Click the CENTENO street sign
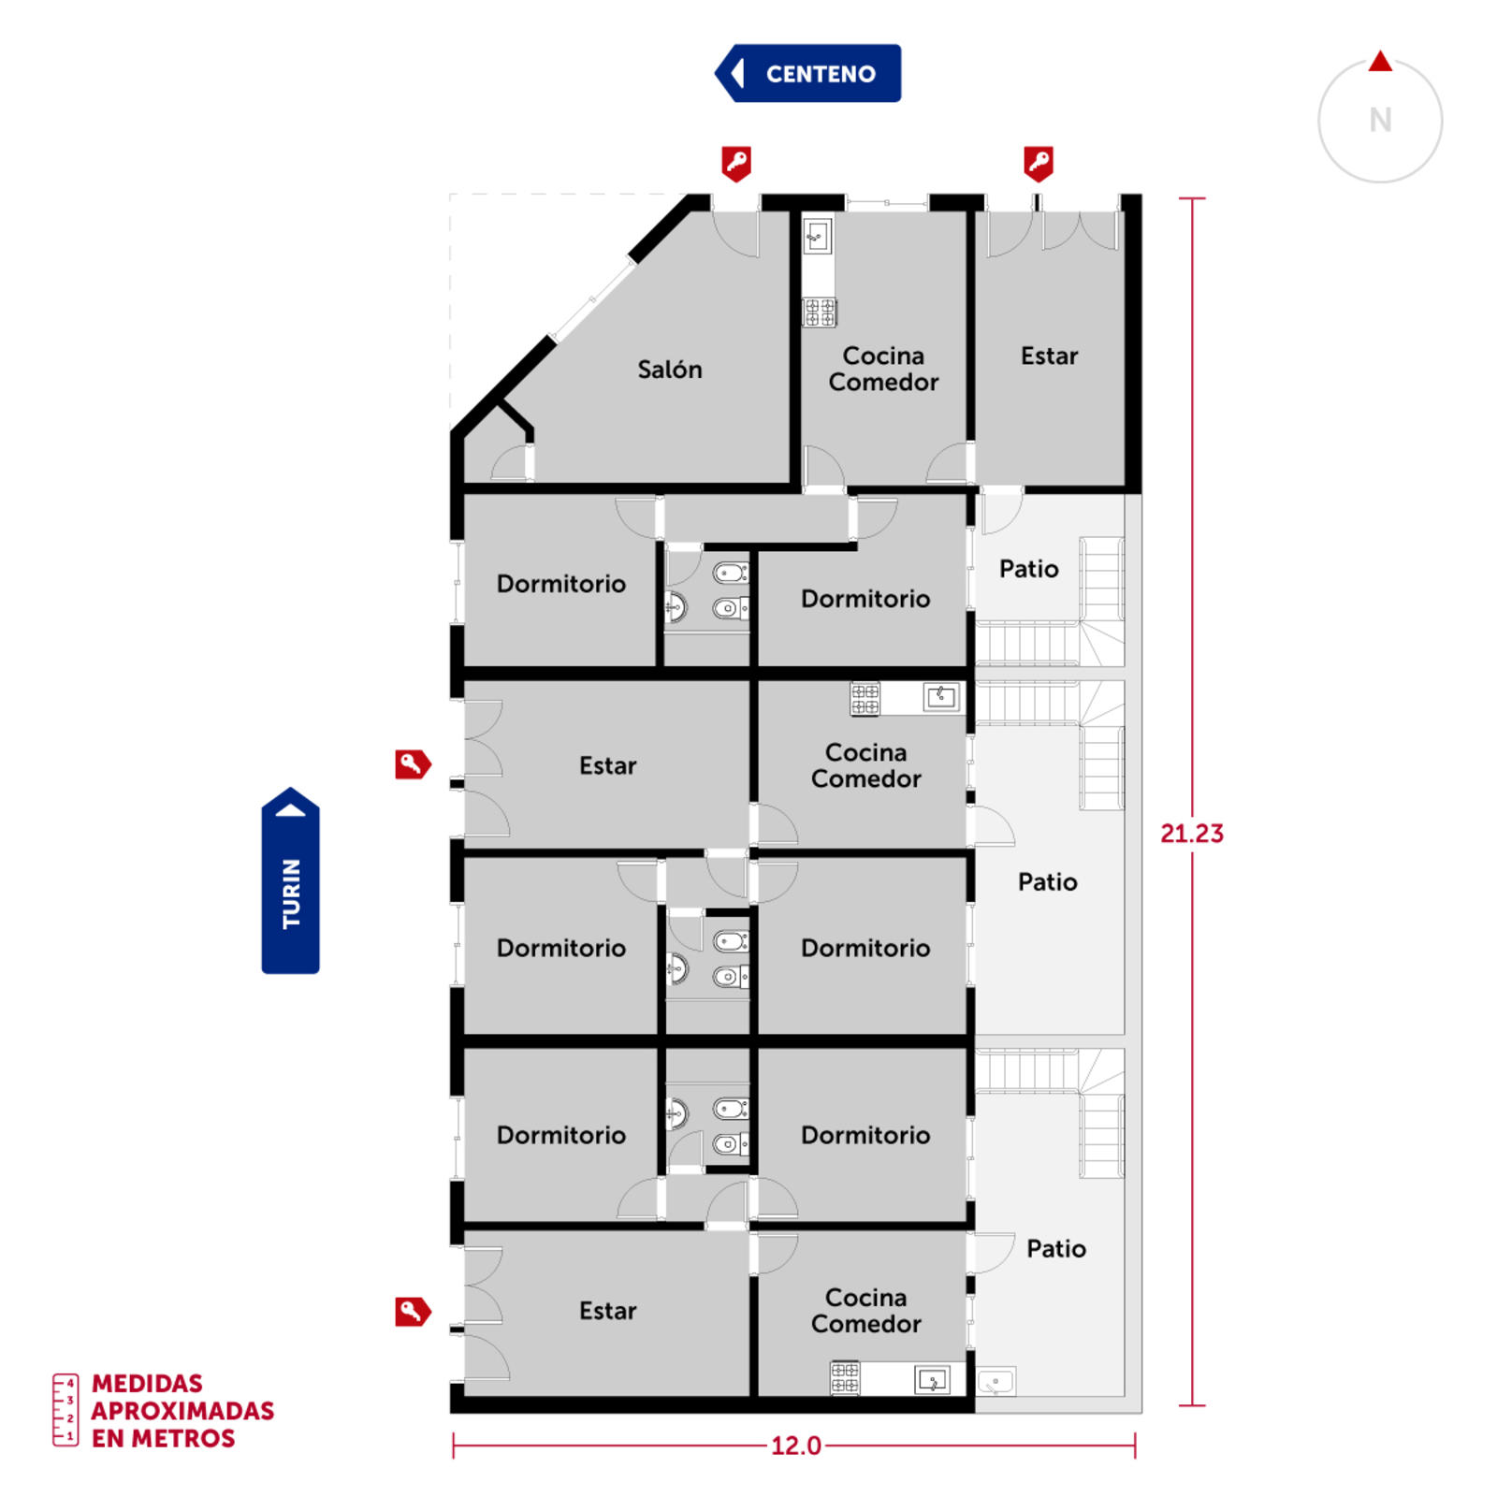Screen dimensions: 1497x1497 tap(808, 73)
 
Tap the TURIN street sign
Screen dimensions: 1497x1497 tap(291, 881)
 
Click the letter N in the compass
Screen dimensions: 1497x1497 tap(1380, 120)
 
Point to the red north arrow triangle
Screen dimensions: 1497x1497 tap(1380, 62)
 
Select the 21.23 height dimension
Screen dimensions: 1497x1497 tap(1192, 833)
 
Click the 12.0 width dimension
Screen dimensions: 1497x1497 tap(796, 1446)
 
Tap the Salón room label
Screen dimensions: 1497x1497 tap(670, 370)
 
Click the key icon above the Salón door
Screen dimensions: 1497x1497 tap(736, 164)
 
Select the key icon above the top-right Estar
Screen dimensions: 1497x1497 tap(1039, 164)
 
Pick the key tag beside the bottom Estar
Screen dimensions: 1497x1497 tap(413, 1312)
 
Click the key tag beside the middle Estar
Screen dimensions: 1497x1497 tap(413, 764)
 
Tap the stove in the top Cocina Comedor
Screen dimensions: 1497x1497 tap(820, 312)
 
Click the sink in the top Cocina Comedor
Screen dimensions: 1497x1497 tap(818, 235)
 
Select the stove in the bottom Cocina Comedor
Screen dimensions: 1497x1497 tap(845, 1378)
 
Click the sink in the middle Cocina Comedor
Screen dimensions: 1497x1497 tap(941, 696)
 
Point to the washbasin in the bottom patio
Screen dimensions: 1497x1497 tap(996, 1381)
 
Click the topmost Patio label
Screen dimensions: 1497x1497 tap(1029, 569)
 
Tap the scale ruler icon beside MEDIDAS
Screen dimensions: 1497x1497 tap(65, 1410)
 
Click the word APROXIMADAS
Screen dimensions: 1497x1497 tap(182, 1411)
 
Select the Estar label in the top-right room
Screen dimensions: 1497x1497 tap(1050, 356)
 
